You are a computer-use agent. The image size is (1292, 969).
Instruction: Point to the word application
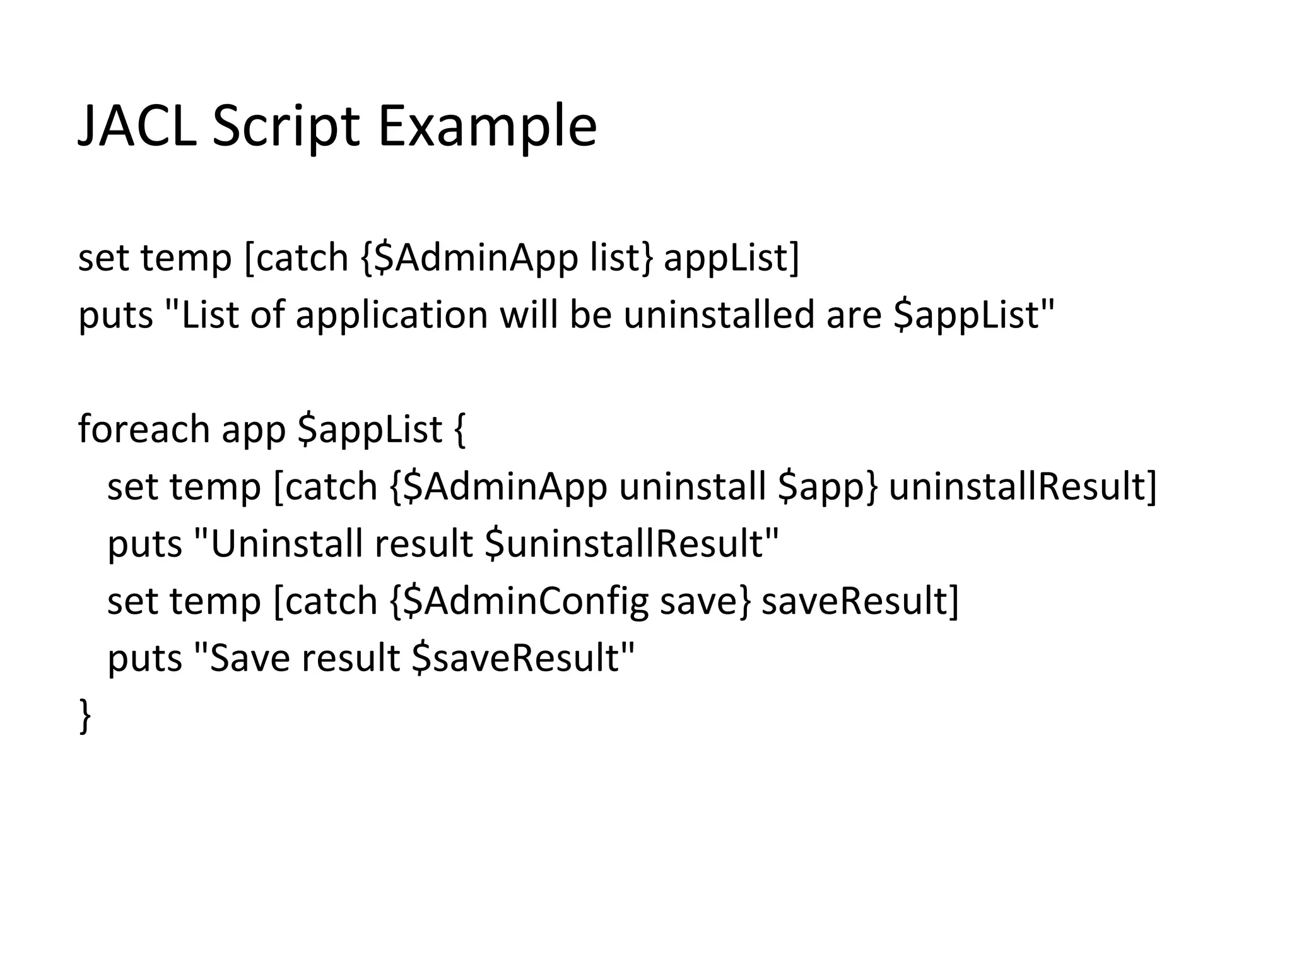(392, 315)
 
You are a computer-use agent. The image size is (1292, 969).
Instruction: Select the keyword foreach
(144, 429)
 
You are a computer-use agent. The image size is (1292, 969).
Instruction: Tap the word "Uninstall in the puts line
(278, 543)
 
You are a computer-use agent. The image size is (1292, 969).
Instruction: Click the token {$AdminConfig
(519, 601)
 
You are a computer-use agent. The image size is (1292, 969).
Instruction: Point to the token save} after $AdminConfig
(705, 601)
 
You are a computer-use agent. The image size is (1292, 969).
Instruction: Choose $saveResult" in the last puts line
(523, 658)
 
